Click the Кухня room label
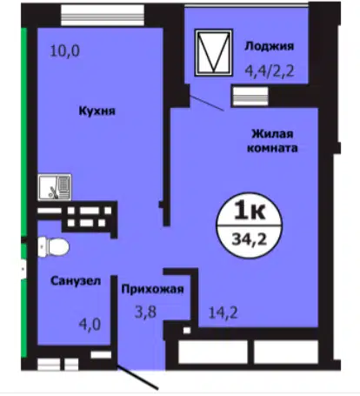pyautogui.click(x=97, y=111)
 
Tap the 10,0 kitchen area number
pyautogui.click(x=65, y=51)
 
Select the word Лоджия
pyautogui.click(x=270, y=46)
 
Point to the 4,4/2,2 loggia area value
pyautogui.click(x=270, y=70)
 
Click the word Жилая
pyautogui.click(x=272, y=134)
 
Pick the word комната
pyautogui.click(x=272, y=148)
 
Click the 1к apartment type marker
pyautogui.click(x=250, y=211)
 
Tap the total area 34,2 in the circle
pyautogui.click(x=250, y=240)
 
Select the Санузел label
pyautogui.click(x=76, y=281)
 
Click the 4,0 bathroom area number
pyautogui.click(x=90, y=325)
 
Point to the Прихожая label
pyautogui.click(x=152, y=290)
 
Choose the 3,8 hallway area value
pyautogui.click(x=145, y=312)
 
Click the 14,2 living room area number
pyautogui.click(x=223, y=312)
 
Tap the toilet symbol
pyautogui.click(x=54, y=247)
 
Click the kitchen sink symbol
pyautogui.click(x=55, y=187)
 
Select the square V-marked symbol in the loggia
pyautogui.click(x=214, y=52)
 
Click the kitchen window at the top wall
pyautogui.click(x=103, y=15)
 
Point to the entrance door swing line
pyautogui.click(x=137, y=378)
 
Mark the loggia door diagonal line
pyautogui.click(x=207, y=103)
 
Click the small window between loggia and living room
pyautogui.click(x=250, y=97)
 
